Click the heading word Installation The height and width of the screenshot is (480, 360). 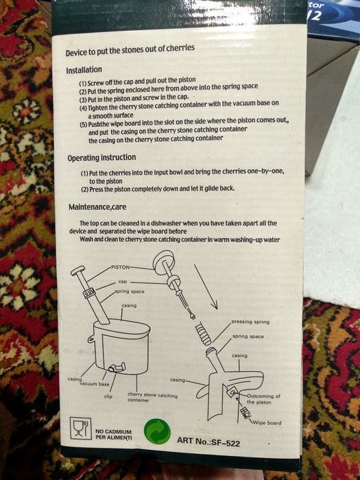[x=84, y=70]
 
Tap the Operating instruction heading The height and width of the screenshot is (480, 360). [x=101, y=158]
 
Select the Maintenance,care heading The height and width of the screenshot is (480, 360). [x=97, y=207]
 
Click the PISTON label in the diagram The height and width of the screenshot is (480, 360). [x=120, y=267]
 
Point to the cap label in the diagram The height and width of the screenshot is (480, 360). [x=123, y=281]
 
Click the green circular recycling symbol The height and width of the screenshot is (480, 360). [x=157, y=431]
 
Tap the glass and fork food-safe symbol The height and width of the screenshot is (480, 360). [x=80, y=428]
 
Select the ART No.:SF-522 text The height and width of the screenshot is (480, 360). [x=208, y=442]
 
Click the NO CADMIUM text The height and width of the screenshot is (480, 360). [x=113, y=431]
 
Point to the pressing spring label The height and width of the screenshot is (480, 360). [x=250, y=322]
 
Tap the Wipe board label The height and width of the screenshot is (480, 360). [x=267, y=423]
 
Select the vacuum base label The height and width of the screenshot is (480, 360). [x=95, y=384]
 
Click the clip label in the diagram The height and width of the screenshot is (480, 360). [x=108, y=396]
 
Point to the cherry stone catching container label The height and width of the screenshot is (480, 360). [x=152, y=397]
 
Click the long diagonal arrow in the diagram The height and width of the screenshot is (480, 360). [x=206, y=287]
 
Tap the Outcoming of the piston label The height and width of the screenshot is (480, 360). [x=263, y=399]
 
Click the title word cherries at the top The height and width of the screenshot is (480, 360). [x=180, y=49]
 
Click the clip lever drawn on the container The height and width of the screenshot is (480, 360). [x=117, y=367]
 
